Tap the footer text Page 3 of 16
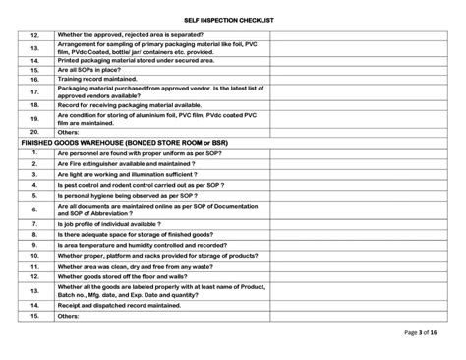coord(420,333)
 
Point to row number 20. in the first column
coord(34,131)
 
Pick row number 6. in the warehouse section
coord(34,210)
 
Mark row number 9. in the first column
coord(34,244)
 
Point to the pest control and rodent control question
coord(134,184)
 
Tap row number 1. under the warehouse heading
coord(34,152)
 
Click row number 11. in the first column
coord(34,266)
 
